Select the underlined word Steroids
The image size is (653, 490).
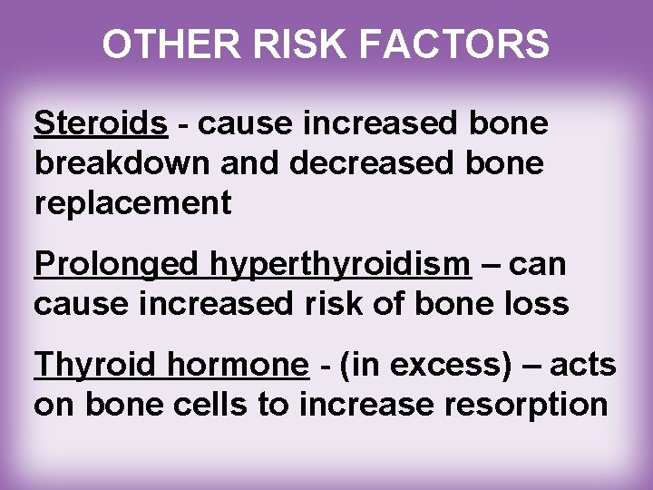pyautogui.click(x=101, y=124)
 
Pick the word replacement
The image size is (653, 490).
pyautogui.click(x=132, y=204)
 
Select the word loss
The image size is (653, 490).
pyautogui.click(x=535, y=304)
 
